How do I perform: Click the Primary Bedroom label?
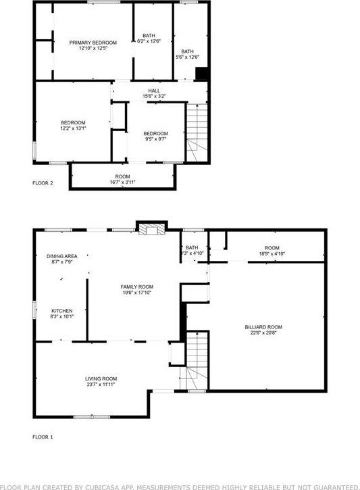(93, 45)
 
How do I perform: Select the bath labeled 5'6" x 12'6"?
(188, 54)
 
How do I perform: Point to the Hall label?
(154, 93)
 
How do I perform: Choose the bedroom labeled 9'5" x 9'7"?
(155, 137)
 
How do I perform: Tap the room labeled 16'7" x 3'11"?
(122, 179)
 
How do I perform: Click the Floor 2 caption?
(43, 182)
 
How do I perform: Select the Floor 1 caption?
(43, 437)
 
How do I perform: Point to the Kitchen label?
(61, 313)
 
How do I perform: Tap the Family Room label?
(137, 290)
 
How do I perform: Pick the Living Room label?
(101, 381)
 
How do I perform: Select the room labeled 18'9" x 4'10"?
(272, 251)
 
